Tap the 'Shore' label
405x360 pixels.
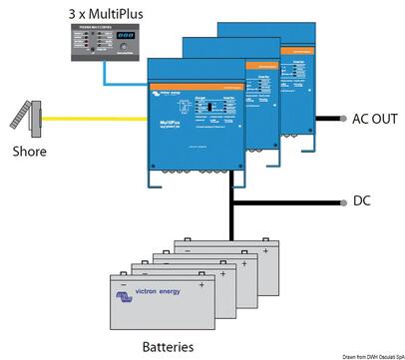point(30,152)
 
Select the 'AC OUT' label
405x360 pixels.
point(375,119)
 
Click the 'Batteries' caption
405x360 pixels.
point(175,346)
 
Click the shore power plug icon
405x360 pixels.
point(28,116)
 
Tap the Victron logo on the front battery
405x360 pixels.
point(124,296)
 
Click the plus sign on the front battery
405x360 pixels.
point(202,284)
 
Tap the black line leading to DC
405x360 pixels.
point(299,200)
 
